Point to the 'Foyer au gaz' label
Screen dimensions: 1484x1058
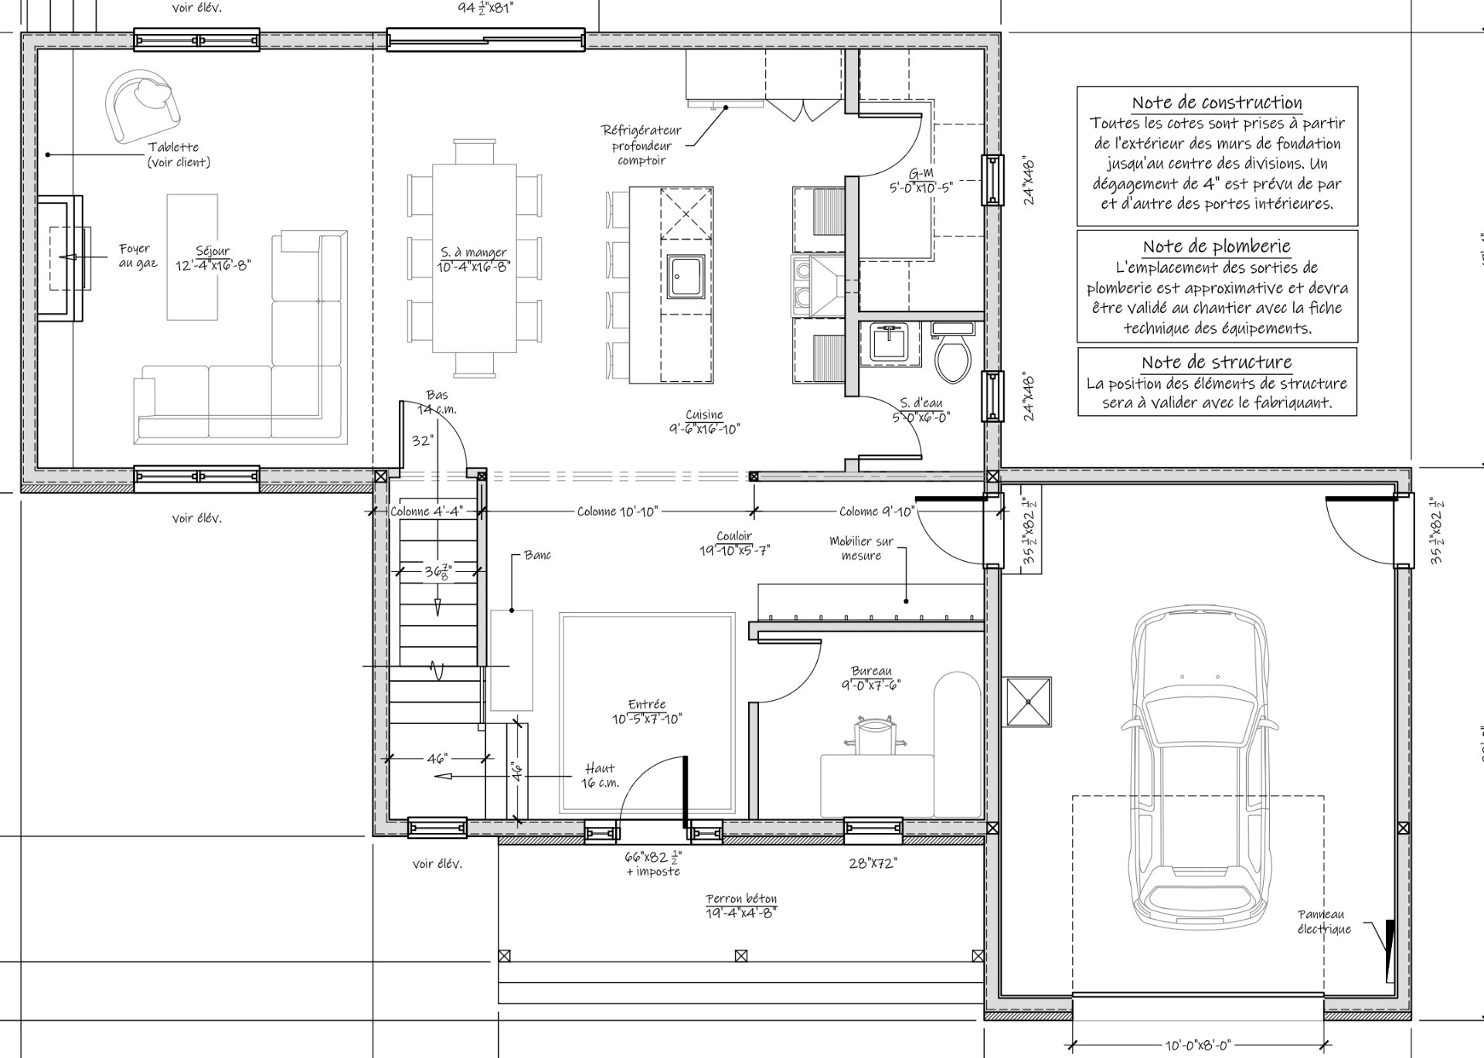[138, 256]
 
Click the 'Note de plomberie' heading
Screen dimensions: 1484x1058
[1217, 247]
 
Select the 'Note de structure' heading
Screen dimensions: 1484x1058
[1217, 362]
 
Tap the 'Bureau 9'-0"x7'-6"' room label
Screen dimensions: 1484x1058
[871, 679]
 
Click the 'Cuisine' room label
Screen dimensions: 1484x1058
[704, 414]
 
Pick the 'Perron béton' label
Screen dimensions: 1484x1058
[741, 899]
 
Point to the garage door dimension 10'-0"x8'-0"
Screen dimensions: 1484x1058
[1197, 1046]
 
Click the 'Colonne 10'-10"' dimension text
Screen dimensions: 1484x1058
[618, 511]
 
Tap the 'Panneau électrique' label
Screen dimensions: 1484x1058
[1324, 922]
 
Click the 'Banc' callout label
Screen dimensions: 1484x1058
[537, 555]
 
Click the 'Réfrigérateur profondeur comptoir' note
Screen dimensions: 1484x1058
[642, 145]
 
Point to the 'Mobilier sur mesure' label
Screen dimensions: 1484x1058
[861, 548]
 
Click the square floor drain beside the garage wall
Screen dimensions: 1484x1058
[1028, 702]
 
